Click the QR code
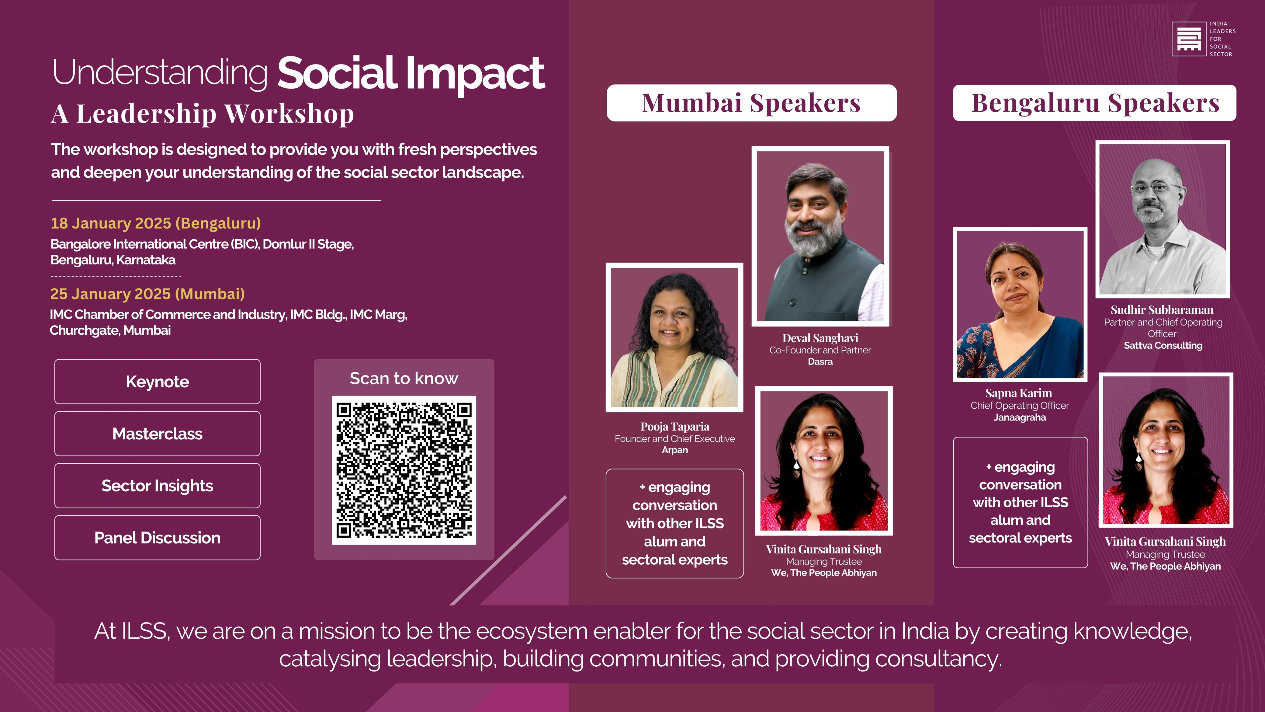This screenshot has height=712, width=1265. point(404,470)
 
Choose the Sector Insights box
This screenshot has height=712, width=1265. point(157,486)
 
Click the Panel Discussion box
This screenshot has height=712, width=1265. point(157,538)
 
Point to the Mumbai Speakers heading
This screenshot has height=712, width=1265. point(751,103)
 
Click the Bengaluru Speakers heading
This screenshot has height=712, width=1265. point(1095,103)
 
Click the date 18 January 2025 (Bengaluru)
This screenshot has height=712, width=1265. point(156,223)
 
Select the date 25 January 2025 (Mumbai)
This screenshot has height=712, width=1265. point(147,294)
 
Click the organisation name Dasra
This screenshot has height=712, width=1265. point(820,362)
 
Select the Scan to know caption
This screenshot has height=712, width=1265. point(404,378)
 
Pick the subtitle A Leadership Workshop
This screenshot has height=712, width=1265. point(202,114)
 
